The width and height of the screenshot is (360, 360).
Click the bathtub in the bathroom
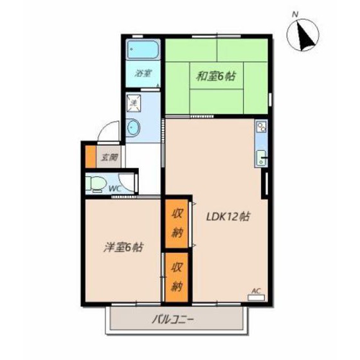point(142,50)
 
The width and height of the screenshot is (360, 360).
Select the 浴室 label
point(143,74)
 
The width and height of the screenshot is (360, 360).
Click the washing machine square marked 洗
point(134,102)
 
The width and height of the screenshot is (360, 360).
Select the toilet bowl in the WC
point(97,184)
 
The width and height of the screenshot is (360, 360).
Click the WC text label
point(116,188)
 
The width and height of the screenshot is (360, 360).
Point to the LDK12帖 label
point(227,217)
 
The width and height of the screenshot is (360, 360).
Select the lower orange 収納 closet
point(177,278)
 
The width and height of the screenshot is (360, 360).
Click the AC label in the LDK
point(255,291)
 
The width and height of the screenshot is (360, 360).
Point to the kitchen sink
point(262,157)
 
